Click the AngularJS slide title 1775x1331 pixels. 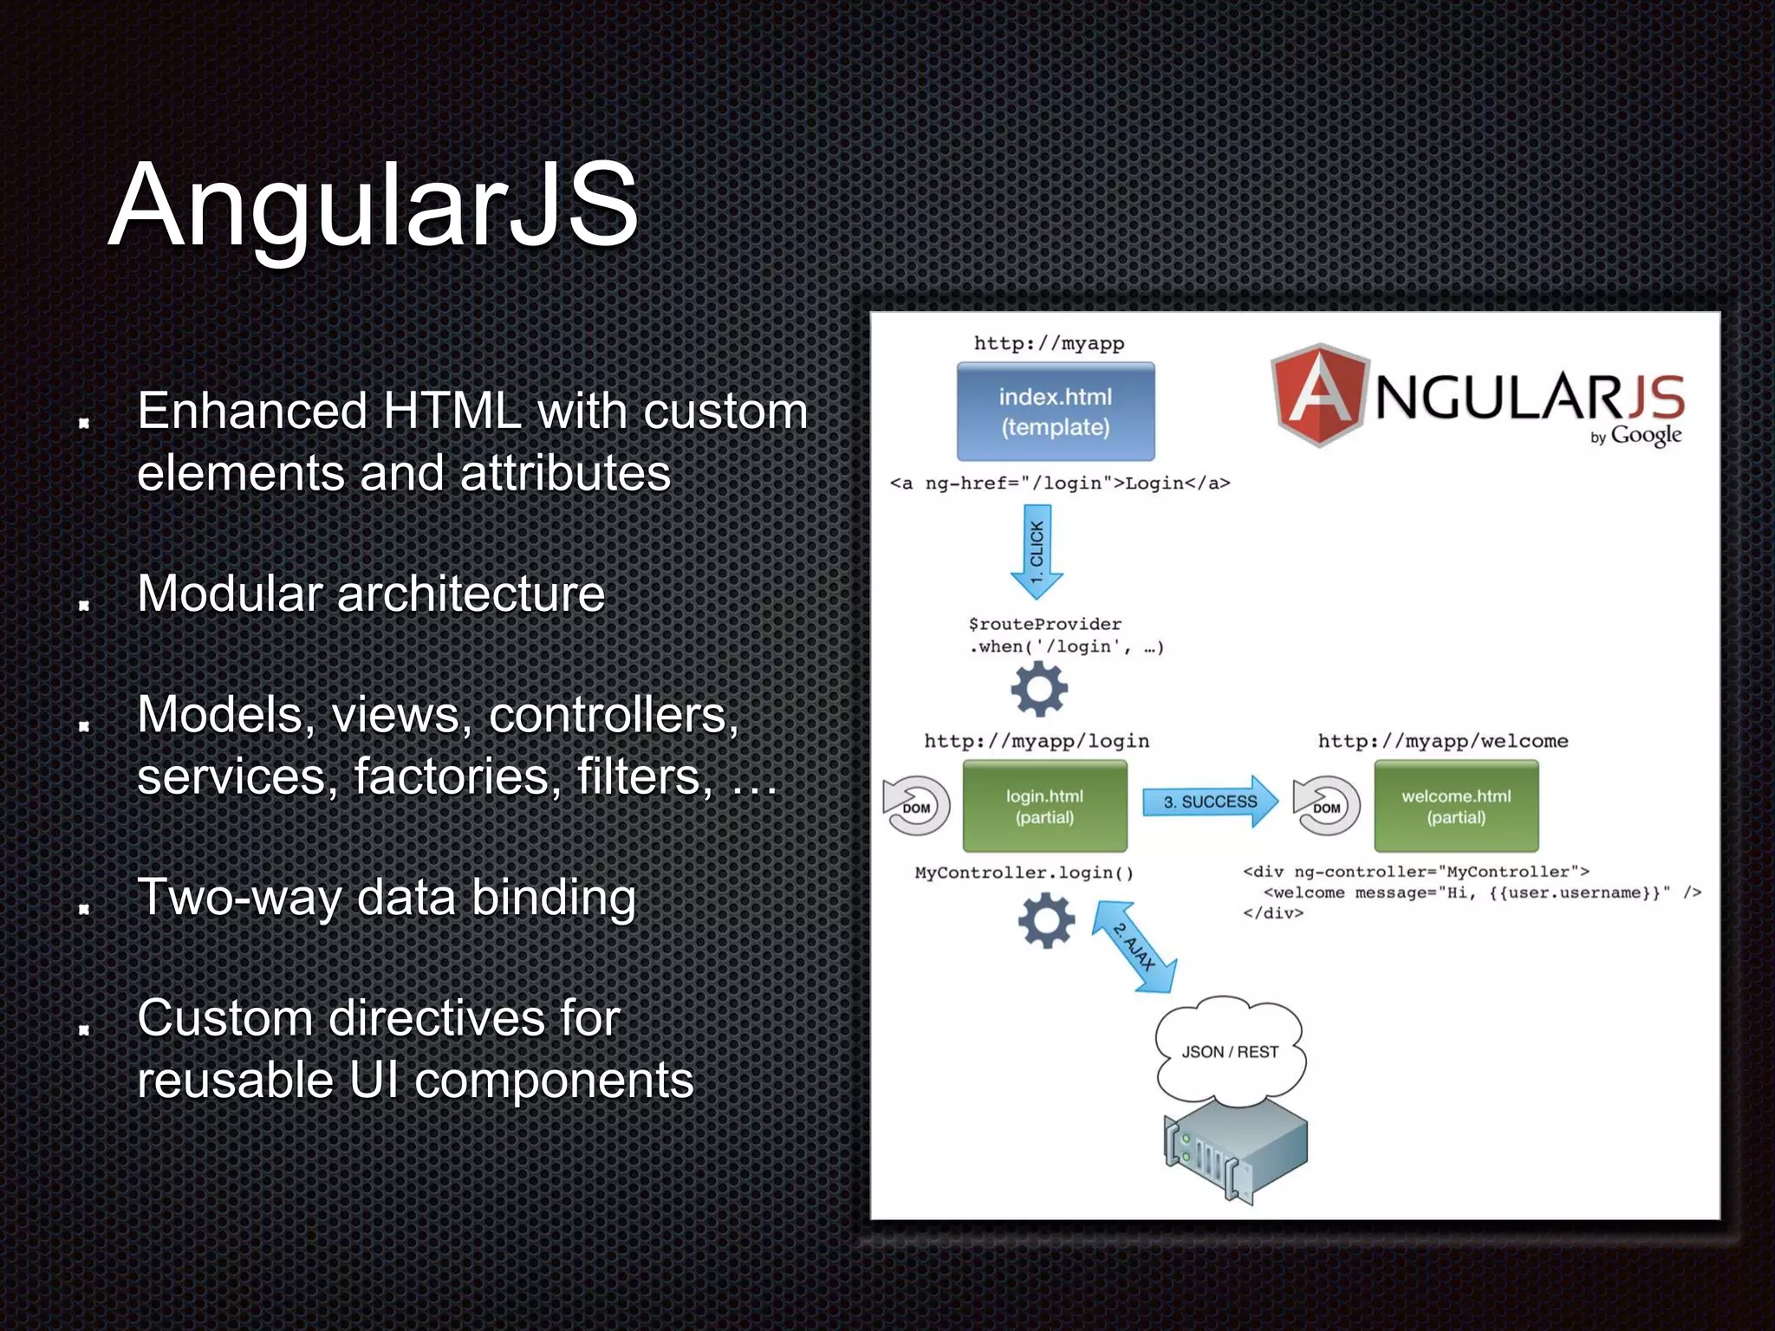point(374,205)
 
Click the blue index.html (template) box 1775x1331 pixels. point(1055,412)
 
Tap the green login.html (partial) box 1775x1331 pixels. point(1044,806)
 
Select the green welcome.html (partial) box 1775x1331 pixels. point(1456,806)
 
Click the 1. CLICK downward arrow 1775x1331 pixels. point(1037,551)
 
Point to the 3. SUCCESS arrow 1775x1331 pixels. point(1209,802)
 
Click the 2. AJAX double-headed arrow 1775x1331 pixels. point(1134,946)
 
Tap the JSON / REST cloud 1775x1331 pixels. point(1230,1051)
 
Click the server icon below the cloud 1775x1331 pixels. point(1235,1148)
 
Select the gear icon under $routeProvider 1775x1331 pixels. point(1039,690)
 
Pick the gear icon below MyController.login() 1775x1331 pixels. point(1046,921)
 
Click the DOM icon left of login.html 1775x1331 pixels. point(916,806)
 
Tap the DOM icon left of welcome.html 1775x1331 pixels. point(1326,806)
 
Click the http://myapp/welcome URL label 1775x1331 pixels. point(1443,741)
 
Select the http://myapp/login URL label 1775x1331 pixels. point(1037,741)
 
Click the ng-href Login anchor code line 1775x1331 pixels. point(1060,484)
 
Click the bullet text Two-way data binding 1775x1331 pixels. point(387,897)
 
